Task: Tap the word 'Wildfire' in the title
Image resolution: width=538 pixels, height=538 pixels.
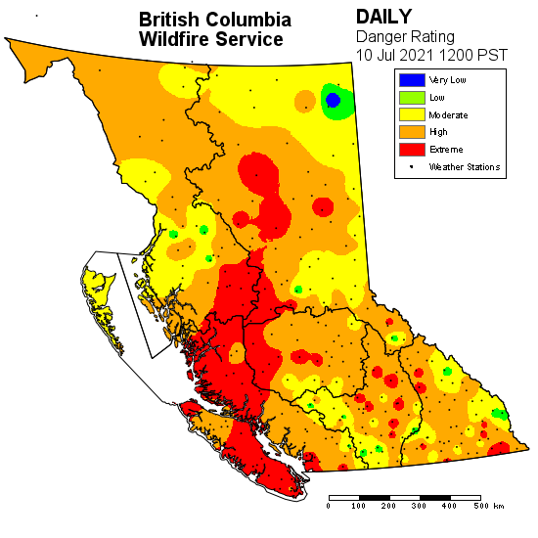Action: point(179,39)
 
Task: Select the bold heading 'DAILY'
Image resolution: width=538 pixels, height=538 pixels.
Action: point(383,17)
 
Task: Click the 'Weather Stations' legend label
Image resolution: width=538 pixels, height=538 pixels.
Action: point(465,167)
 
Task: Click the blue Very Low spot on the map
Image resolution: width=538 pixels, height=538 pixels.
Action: point(333,100)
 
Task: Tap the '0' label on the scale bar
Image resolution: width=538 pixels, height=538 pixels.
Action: point(329,506)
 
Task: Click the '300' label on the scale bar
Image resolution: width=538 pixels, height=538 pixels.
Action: point(420,506)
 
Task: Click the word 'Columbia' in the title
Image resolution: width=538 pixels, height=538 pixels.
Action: point(254,20)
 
